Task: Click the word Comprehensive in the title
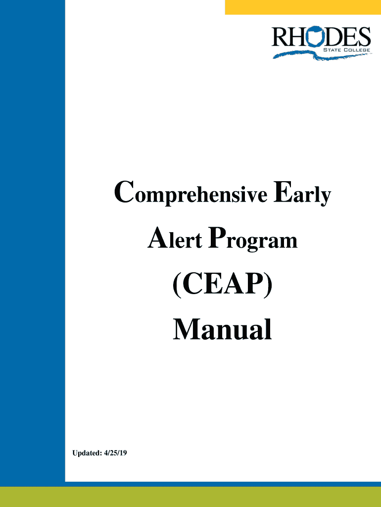(x=190, y=194)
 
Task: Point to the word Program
(x=253, y=239)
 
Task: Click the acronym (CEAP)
(x=223, y=284)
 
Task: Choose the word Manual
(x=222, y=329)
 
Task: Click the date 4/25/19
(x=115, y=453)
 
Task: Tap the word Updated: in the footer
(x=87, y=453)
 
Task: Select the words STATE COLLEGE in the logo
(x=346, y=50)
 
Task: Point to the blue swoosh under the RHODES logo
(x=322, y=55)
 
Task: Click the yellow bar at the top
(x=303, y=7)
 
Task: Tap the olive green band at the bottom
(x=190, y=497)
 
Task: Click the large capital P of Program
(x=217, y=238)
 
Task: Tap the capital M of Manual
(x=190, y=329)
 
